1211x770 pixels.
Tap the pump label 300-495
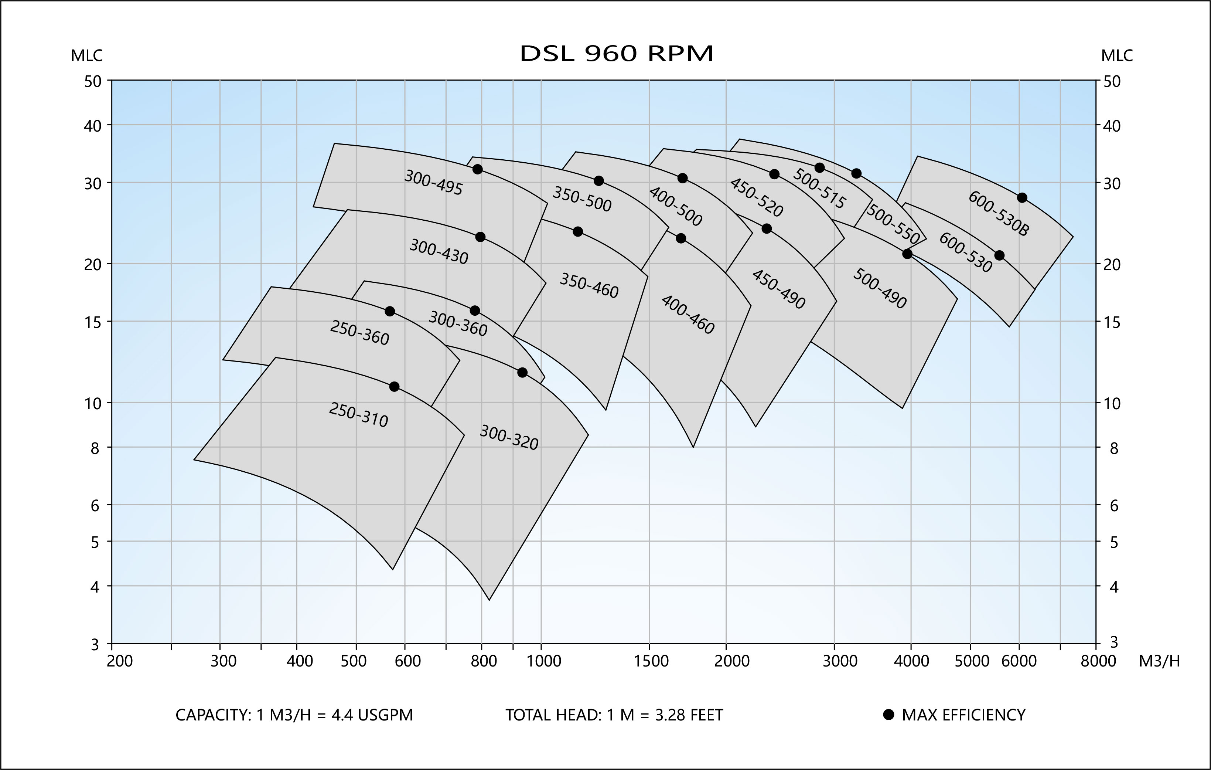pos(433,182)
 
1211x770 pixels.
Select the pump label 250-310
pos(358,415)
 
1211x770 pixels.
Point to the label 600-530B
pos(999,213)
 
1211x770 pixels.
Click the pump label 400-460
pos(688,315)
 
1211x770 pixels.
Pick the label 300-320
pos(509,437)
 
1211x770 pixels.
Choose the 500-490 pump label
pos(880,288)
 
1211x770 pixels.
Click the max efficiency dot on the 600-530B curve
pos(1022,198)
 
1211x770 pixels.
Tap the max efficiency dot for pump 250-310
pos(394,387)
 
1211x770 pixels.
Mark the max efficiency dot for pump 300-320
pos(522,372)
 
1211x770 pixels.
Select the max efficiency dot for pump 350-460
pos(578,231)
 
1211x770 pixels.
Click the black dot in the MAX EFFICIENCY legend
pos(888,715)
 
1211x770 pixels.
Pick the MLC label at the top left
pos(86,56)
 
